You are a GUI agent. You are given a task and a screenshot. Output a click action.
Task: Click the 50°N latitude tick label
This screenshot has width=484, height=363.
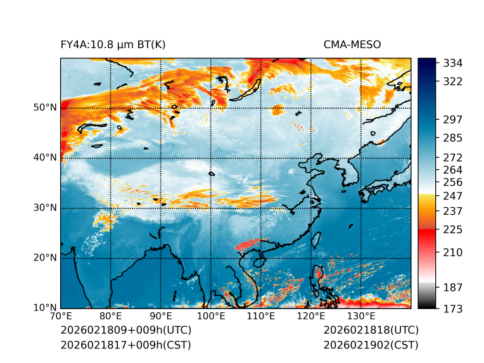click(45, 107)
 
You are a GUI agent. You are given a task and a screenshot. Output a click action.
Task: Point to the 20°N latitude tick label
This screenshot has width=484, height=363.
click(45, 258)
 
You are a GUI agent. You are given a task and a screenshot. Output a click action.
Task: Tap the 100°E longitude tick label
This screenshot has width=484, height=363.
click(210, 316)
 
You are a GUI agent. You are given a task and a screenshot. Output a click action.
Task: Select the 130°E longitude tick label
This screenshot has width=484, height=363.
click(360, 316)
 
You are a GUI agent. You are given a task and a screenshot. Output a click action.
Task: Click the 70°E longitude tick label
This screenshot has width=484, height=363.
click(61, 316)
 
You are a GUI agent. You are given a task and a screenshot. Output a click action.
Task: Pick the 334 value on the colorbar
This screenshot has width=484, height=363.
click(453, 63)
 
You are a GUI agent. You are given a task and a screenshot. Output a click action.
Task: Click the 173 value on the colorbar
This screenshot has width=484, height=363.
click(453, 309)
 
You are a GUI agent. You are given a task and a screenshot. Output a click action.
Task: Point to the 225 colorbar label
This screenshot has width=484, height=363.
click(453, 229)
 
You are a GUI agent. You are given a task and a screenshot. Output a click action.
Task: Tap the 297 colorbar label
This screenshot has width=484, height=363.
click(453, 119)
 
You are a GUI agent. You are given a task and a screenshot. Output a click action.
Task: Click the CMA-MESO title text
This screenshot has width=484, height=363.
click(352, 44)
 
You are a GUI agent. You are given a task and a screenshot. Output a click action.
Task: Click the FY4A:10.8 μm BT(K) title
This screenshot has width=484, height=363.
click(113, 44)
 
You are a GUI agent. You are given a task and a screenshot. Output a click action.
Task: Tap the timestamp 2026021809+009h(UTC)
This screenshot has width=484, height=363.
click(126, 330)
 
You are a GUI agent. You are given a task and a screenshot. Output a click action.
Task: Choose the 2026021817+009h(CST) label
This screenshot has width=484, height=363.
click(125, 345)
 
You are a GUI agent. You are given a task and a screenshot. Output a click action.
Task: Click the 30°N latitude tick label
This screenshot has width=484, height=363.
click(45, 208)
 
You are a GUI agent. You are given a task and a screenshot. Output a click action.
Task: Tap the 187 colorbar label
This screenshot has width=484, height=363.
click(453, 288)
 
